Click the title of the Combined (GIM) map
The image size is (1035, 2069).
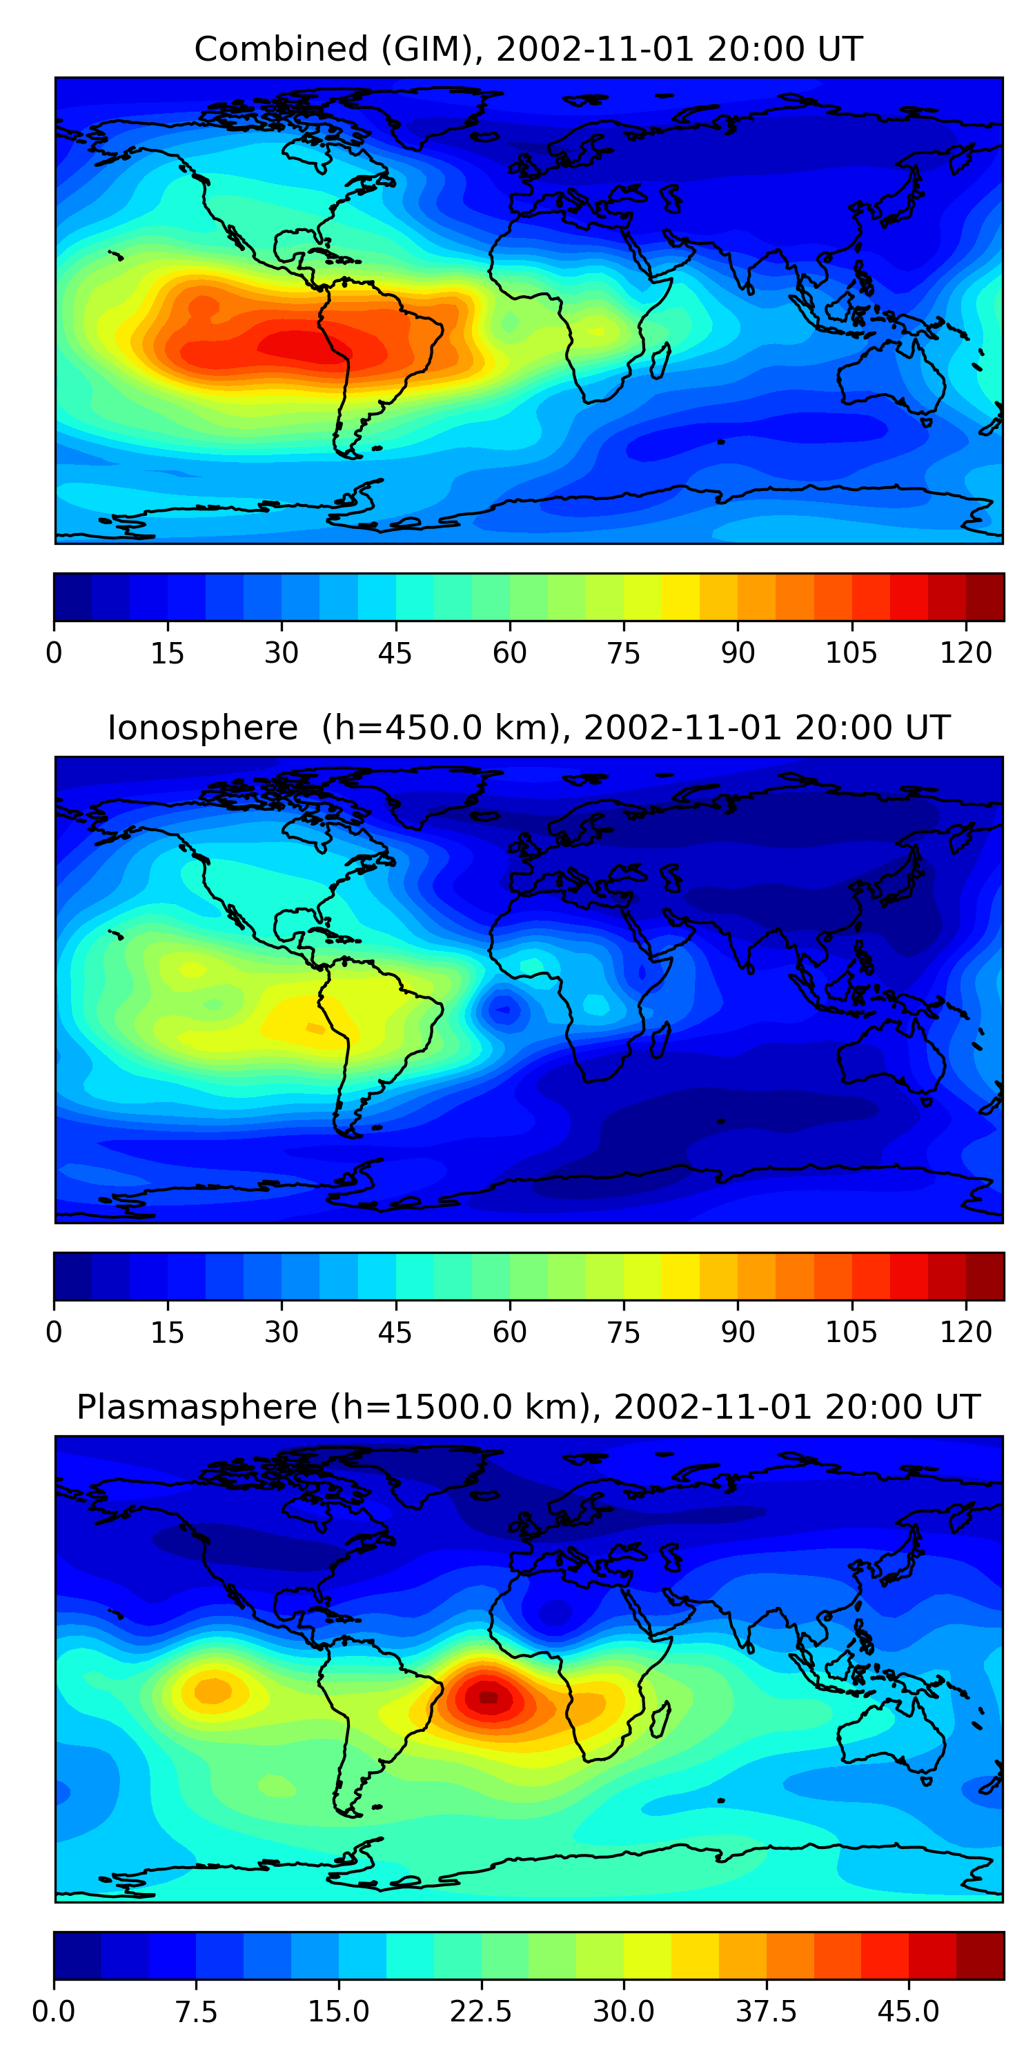click(x=528, y=49)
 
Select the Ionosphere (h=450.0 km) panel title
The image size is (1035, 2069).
click(x=528, y=728)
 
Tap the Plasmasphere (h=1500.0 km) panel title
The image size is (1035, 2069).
click(x=528, y=1406)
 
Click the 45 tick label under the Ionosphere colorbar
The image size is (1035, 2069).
click(x=395, y=1332)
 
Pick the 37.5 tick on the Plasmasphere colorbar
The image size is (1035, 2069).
click(x=767, y=2011)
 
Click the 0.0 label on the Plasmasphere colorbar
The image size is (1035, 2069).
click(x=54, y=2011)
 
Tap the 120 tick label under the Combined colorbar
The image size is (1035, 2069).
click(x=966, y=652)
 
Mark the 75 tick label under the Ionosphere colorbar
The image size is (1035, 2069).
click(x=624, y=1332)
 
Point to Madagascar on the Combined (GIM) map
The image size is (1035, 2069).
click(x=660, y=361)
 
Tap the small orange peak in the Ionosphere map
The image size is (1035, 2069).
click(x=316, y=1028)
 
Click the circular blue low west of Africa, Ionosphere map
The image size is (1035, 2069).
click(x=503, y=1010)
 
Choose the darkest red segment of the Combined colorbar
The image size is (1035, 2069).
click(x=985, y=597)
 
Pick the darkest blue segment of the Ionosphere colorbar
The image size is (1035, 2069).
click(x=72, y=1277)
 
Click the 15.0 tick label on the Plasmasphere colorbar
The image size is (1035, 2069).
click(x=338, y=2011)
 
